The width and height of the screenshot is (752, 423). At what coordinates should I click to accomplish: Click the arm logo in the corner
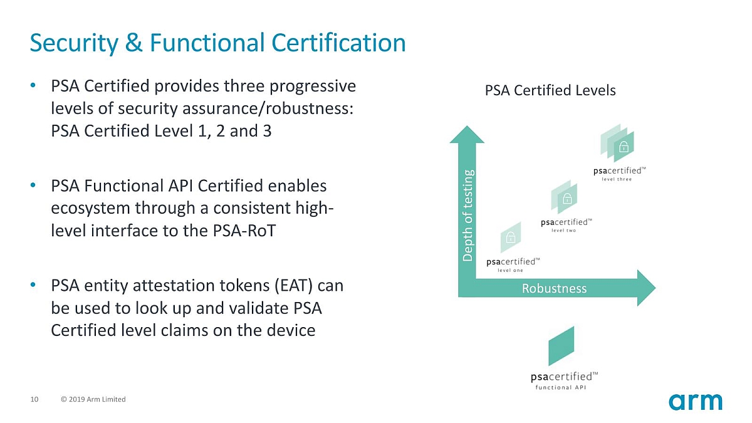695,402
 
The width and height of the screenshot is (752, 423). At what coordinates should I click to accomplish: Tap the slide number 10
34,399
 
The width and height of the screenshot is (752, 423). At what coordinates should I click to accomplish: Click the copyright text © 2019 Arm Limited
93,399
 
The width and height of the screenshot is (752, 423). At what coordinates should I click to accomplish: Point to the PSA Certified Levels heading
550,90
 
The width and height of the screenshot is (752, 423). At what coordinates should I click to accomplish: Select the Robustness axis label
554,288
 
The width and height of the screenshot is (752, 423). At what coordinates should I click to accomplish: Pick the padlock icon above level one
511,238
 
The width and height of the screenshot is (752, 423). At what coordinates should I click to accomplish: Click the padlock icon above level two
567,199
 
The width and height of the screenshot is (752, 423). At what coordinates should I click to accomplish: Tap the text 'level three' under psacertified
617,179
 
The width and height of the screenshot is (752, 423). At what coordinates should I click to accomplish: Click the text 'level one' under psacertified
510,270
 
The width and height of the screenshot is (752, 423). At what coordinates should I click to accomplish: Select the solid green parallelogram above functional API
561,346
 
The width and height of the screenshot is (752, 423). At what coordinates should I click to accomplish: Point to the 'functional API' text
560,387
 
